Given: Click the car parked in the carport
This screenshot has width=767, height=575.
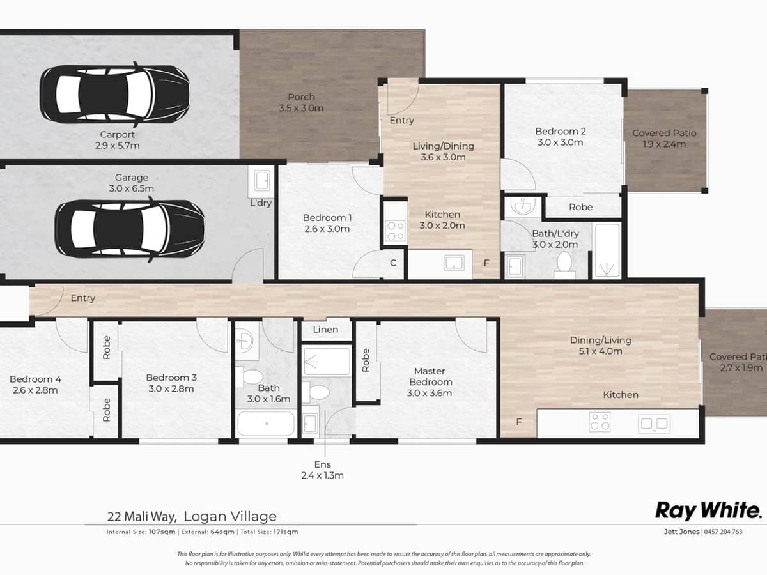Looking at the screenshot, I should pos(115,95).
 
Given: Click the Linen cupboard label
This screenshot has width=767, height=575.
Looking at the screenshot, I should pos(325,330).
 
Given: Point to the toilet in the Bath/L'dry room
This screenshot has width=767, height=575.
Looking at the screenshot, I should pos(564,264).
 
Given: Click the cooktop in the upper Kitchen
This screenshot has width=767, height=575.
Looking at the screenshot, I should pos(395,231).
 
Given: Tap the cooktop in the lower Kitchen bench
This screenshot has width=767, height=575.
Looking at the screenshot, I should pos(600,422).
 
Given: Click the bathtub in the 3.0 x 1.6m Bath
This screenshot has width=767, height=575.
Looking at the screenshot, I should pos(266,423).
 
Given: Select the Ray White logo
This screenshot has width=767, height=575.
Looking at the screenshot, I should pos(708,510).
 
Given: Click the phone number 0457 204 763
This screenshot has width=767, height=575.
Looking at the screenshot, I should pos(723,532).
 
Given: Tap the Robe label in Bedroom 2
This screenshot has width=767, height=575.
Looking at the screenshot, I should pos(580,207).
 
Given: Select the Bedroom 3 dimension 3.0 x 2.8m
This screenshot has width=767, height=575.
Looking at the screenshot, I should pos(170,388).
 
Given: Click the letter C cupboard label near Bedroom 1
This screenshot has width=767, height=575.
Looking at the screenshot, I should pos(393,263).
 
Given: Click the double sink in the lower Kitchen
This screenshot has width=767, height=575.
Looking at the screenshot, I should pos(653,422).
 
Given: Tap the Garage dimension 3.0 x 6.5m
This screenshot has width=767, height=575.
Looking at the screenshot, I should pos(132,188).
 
